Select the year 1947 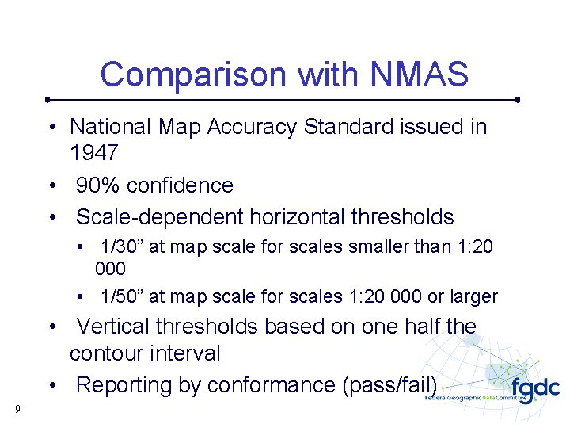[x=94, y=152]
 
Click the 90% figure [x=98, y=185]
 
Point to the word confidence [x=180, y=185]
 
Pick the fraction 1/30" [x=121, y=247]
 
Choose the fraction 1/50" [x=121, y=297]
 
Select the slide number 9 [x=17, y=410]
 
